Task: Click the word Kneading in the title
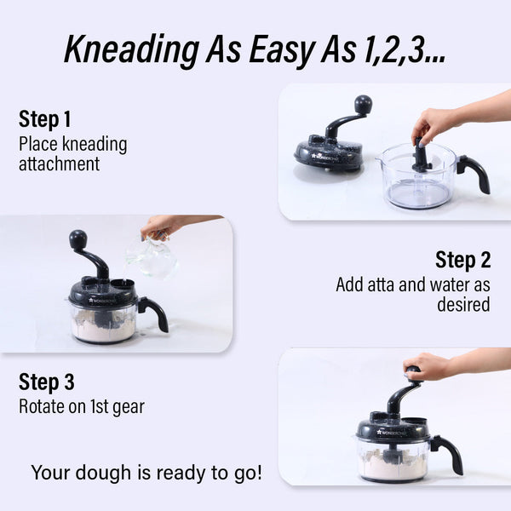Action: pyautogui.click(x=131, y=50)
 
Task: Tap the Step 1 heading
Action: pyautogui.click(x=44, y=119)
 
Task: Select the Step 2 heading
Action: pyautogui.click(x=462, y=260)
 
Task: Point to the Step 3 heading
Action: pyautogui.click(x=46, y=382)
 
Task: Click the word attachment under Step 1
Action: pyautogui.click(x=59, y=164)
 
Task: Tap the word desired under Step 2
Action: pyautogui.click(x=463, y=304)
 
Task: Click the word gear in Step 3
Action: pyautogui.click(x=129, y=408)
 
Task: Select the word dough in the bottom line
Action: pyautogui.click(x=103, y=474)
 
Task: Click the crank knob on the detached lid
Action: pyautogui.click(x=363, y=104)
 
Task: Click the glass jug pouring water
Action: pyautogui.click(x=152, y=257)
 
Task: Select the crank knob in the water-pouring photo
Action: pyautogui.click(x=78, y=238)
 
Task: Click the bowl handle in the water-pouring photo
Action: pyautogui.click(x=153, y=313)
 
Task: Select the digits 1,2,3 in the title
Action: pyautogui.click(x=405, y=50)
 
